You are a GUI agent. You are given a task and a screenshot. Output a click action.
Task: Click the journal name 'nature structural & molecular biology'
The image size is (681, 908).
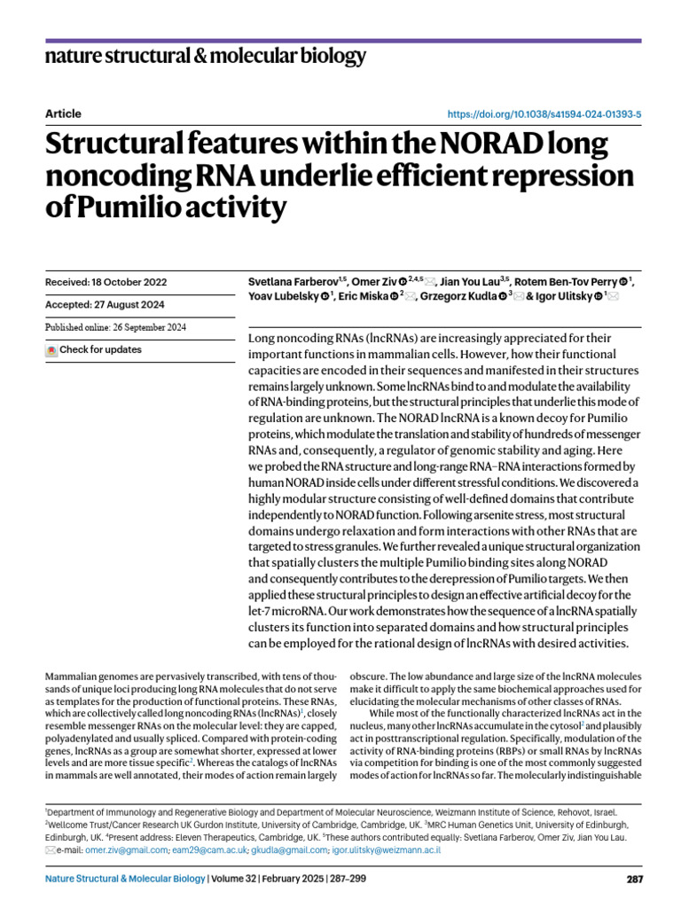pyautogui.click(x=205, y=58)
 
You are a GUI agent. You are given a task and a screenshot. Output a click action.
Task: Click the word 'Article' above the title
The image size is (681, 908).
pyautogui.click(x=63, y=114)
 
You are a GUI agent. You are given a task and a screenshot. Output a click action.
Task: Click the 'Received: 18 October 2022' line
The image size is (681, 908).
pyautogui.click(x=106, y=282)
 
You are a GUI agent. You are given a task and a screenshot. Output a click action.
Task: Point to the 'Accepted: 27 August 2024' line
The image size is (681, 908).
pyautogui.click(x=105, y=305)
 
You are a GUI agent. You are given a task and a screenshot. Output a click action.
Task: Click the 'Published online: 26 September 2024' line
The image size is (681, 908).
pyautogui.click(x=115, y=327)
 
